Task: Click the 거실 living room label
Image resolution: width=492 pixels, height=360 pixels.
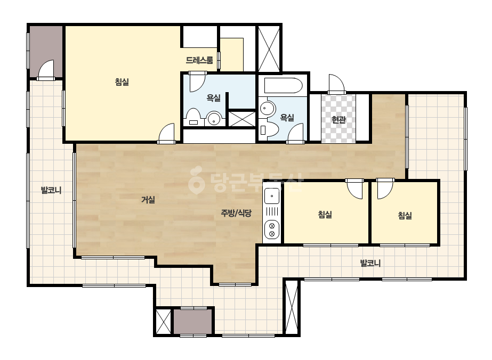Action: pos(148,200)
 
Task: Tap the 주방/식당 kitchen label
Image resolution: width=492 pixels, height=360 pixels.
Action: pos(236,213)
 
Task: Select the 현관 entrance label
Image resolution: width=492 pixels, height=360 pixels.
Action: pos(338,119)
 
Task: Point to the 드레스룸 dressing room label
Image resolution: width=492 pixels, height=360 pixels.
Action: pos(199,60)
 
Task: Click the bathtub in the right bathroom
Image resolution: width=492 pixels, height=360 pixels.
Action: pos(284,85)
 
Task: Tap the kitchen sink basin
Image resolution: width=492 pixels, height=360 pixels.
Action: pos(272,196)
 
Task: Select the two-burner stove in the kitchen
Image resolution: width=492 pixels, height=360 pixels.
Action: pos(272,230)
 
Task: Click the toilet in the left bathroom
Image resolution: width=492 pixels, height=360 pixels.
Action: pos(193,117)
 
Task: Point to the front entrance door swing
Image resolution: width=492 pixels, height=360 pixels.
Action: pos(337,84)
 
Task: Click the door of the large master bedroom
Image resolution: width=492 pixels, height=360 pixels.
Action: pos(167,133)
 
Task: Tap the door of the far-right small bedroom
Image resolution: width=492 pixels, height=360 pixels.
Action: pos(385,189)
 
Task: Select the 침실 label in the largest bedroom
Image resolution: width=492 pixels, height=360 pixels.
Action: pos(122,82)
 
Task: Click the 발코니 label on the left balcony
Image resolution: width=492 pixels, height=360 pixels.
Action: pos(51,190)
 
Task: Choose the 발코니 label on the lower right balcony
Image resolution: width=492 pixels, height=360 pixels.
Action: pos(370,263)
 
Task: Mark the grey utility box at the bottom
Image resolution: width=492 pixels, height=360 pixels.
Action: pos(192,322)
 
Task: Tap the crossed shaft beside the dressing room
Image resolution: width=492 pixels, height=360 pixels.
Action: pos(269,48)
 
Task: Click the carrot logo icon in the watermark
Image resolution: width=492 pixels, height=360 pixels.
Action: pos(196,180)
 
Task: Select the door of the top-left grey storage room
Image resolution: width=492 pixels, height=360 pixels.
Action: pos(46,70)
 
